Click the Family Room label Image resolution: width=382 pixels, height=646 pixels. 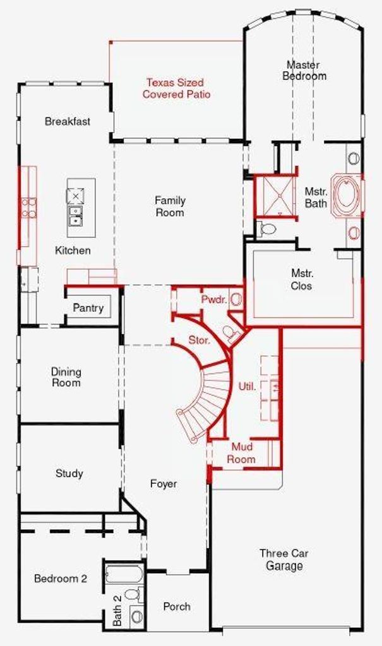(170, 206)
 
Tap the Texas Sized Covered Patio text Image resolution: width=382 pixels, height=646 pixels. (176, 88)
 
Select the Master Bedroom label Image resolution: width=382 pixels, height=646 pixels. (304, 71)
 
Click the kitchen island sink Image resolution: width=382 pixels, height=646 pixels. (76, 216)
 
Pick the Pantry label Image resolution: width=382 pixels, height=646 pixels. (88, 308)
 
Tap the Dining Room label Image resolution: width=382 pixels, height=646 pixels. (66, 377)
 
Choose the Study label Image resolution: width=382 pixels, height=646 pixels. (69, 473)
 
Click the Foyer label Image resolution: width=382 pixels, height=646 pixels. (164, 483)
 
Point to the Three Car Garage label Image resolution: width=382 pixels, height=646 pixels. (284, 559)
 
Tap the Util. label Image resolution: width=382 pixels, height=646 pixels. (247, 387)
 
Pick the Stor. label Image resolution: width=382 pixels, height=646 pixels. (200, 340)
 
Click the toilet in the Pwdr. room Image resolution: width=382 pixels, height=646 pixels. (229, 333)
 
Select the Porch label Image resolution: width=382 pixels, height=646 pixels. (177, 606)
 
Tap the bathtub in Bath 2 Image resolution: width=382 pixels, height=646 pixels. (124, 574)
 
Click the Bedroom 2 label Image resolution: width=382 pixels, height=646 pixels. (61, 578)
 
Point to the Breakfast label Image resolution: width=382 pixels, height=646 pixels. (67, 121)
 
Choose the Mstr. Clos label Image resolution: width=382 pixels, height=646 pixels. (302, 279)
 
